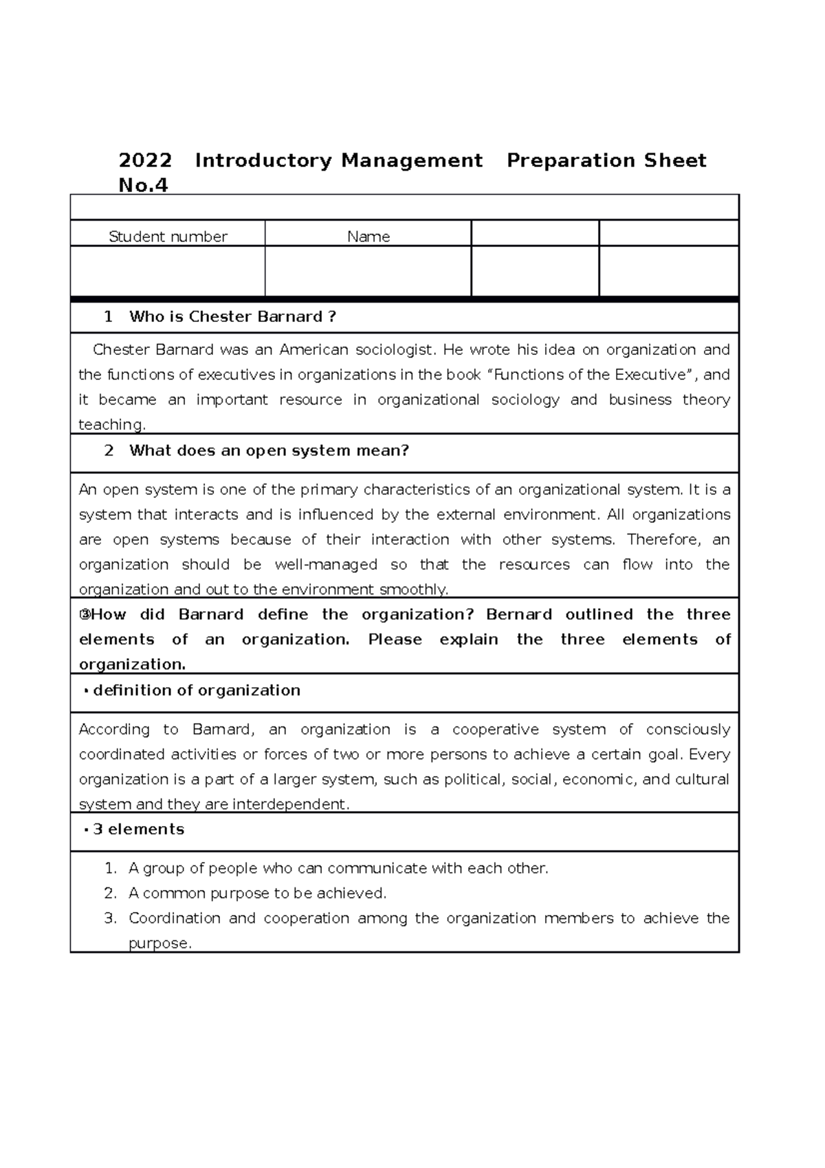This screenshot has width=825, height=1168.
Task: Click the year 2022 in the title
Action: tap(145, 161)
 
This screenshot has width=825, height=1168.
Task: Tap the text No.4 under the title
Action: tap(143, 186)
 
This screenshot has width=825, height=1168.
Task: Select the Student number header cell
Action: tap(168, 237)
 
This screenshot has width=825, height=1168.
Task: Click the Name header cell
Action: tap(368, 237)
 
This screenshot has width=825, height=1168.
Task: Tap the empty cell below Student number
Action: tap(168, 272)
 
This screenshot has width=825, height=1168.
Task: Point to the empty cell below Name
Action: tap(368, 272)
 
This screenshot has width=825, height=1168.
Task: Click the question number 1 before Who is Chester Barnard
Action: tap(108, 317)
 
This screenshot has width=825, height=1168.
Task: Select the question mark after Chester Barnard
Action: tap(332, 317)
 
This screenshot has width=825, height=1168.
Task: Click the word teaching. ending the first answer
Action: tap(112, 425)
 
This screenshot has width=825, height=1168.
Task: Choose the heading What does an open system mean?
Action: tap(269, 451)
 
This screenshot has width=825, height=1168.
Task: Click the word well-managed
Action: tap(326, 565)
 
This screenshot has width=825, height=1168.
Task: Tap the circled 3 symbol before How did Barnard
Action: tap(85, 615)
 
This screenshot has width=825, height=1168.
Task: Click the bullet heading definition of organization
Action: tap(196, 691)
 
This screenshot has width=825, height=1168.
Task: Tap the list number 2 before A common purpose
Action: tap(110, 894)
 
